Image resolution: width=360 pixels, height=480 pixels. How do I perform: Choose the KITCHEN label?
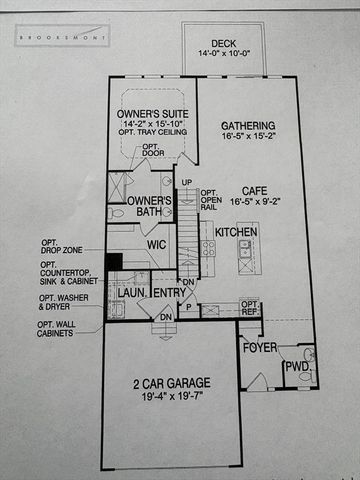[236, 232]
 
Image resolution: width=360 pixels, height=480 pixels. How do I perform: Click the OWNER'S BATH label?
[151, 207]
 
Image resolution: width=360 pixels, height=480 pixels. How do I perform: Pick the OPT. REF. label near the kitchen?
[250, 307]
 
